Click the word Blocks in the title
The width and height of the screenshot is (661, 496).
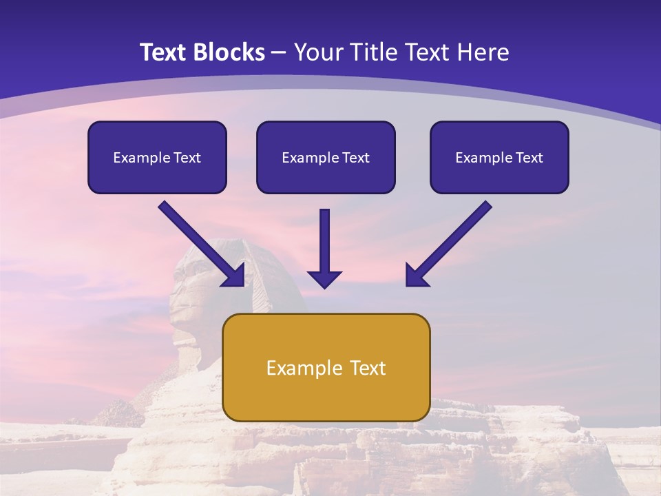(229, 52)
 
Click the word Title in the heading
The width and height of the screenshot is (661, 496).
(373, 52)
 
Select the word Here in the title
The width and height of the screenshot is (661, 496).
(483, 52)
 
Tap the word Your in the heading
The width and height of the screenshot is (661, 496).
(319, 52)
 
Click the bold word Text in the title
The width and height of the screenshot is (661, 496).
(164, 52)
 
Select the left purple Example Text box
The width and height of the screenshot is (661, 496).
(157, 157)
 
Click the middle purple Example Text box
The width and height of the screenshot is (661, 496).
(326, 157)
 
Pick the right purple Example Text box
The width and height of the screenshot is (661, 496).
(500, 157)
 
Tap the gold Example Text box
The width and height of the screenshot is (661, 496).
(326, 367)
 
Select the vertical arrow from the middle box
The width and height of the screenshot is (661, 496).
(324, 249)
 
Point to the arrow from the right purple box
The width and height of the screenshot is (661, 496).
(449, 244)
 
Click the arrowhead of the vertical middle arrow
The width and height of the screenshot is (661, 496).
(324, 280)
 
